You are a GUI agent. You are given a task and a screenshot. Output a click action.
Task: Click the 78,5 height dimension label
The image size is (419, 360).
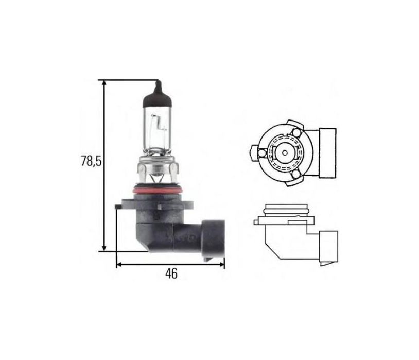[90, 161]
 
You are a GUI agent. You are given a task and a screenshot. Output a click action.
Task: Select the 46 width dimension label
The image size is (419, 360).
[171, 274]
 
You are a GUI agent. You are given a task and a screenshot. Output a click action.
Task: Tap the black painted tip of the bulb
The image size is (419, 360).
[158, 92]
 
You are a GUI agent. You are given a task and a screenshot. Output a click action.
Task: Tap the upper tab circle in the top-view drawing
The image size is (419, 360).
[295, 133]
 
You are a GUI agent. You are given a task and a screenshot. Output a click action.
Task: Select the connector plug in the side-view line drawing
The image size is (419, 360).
[328, 246]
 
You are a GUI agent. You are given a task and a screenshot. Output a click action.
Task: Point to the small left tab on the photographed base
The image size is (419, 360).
[118, 208]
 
